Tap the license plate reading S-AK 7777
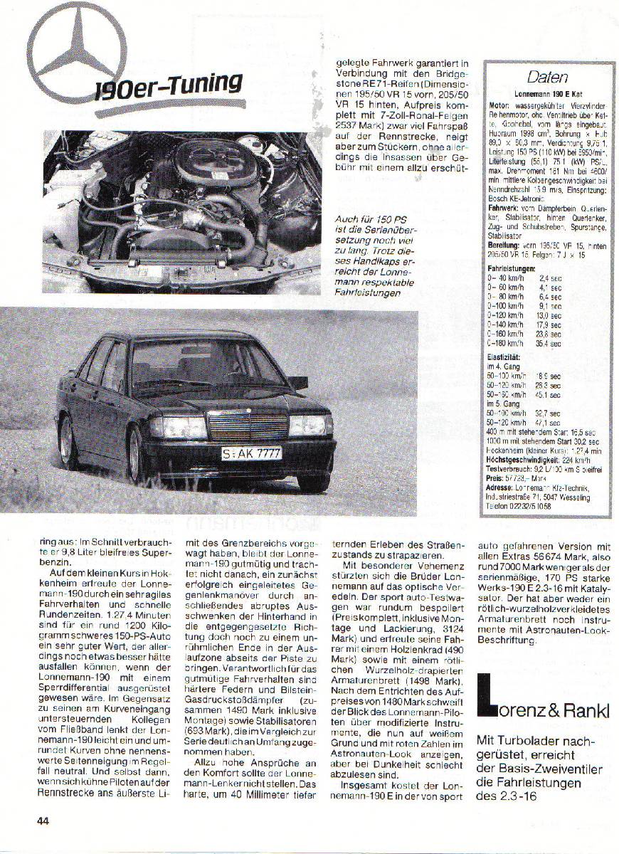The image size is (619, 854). (x=251, y=453)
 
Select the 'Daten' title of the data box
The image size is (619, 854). (x=547, y=77)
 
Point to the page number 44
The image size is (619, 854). (x=43, y=820)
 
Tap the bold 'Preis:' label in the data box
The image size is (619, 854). (x=495, y=479)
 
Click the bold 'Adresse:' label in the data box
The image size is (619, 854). (x=500, y=488)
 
